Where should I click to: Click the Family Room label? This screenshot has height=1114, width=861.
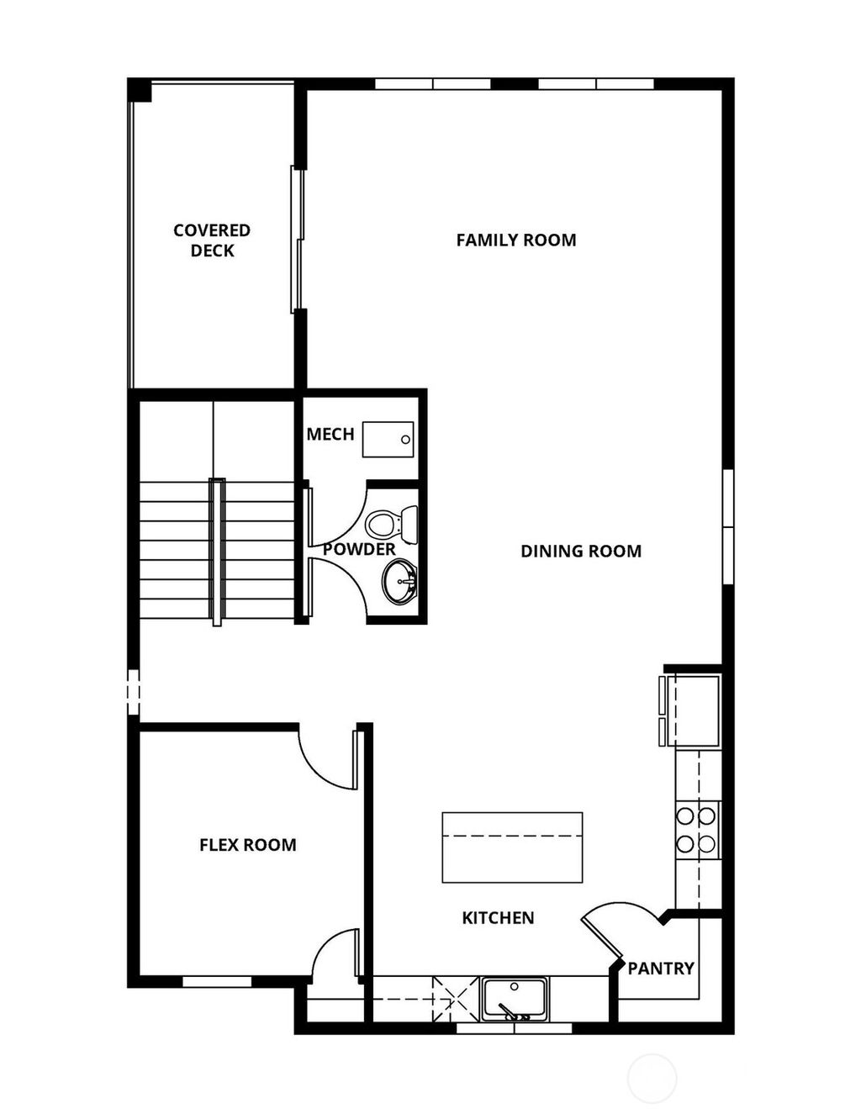pyautogui.click(x=516, y=240)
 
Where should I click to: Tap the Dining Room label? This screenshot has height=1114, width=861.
pyautogui.click(x=581, y=552)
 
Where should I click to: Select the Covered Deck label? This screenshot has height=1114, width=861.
pyautogui.click(x=212, y=240)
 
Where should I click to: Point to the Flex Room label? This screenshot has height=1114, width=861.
pyautogui.click(x=247, y=845)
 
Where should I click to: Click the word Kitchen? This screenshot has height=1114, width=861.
pyautogui.click(x=498, y=918)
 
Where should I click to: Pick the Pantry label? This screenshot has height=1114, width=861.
pyautogui.click(x=661, y=969)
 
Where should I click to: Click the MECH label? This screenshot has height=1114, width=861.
pyautogui.click(x=330, y=435)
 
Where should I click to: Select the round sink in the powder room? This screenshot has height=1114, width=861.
pyautogui.click(x=399, y=581)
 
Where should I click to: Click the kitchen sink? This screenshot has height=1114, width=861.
pyautogui.click(x=514, y=998)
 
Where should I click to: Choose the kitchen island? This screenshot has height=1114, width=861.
pyautogui.click(x=512, y=847)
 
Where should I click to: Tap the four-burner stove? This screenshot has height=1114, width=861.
pyautogui.click(x=697, y=829)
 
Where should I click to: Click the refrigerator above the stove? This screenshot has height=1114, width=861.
pyautogui.click(x=691, y=710)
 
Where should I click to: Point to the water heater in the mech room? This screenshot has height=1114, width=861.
pyautogui.click(x=388, y=439)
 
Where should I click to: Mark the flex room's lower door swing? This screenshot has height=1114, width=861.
pyautogui.click(x=335, y=954)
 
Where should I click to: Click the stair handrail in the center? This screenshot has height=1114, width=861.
pyautogui.click(x=217, y=552)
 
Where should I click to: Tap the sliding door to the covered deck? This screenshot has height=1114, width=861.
pyautogui.click(x=297, y=239)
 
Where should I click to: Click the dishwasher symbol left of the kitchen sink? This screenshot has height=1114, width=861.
pyautogui.click(x=454, y=998)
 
